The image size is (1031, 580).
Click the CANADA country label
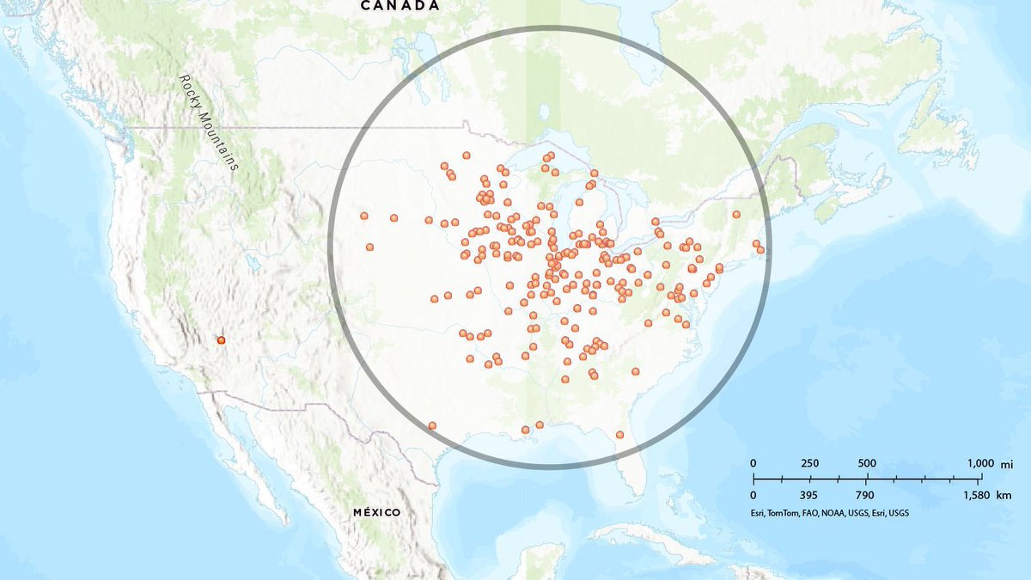(400, 6)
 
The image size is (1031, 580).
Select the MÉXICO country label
(377, 513)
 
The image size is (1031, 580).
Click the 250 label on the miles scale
(809, 464)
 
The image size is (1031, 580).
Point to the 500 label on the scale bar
(866, 464)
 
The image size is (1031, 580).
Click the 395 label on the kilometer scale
(809, 496)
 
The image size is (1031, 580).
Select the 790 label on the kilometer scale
(864, 496)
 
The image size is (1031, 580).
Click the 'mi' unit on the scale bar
(1007, 464)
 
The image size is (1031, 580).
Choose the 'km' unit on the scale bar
(1006, 496)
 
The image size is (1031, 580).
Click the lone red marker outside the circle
(222, 340)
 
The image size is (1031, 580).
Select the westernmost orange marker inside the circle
(364, 217)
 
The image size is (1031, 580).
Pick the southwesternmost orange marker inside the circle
(432, 425)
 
